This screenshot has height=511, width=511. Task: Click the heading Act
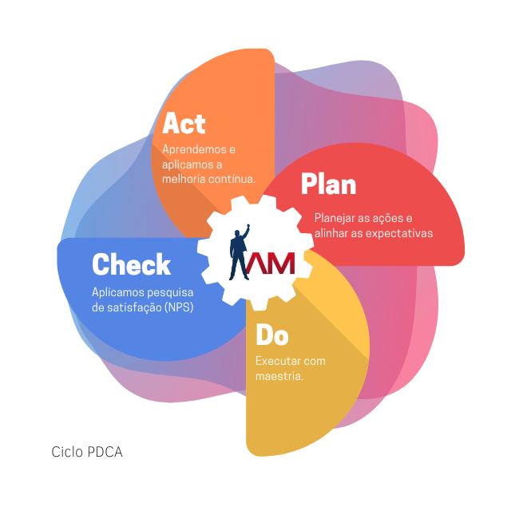184,124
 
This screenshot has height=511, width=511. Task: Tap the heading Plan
328,184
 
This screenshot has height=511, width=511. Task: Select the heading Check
131,264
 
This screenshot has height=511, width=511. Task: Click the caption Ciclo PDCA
87,452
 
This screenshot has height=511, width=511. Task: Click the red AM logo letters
271,262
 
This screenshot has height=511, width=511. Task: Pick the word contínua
232,178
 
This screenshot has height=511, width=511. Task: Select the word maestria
279,375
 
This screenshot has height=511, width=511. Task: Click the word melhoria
184,178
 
